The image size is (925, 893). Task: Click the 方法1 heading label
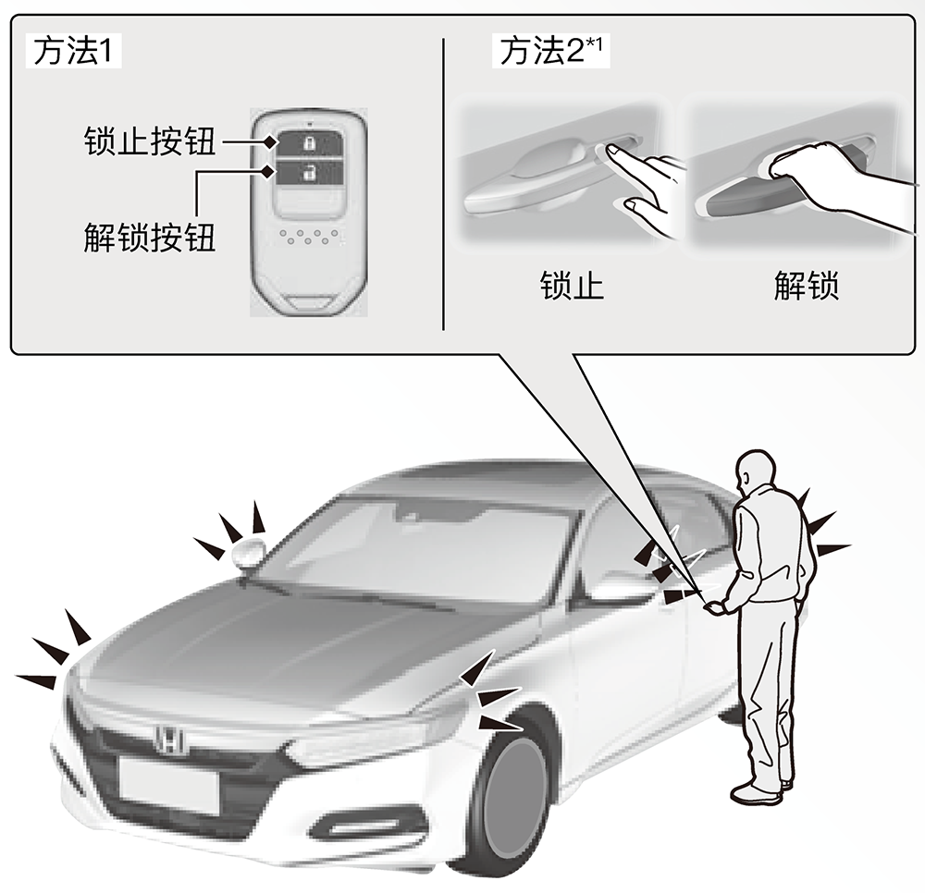(x=73, y=52)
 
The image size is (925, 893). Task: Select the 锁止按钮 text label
(x=149, y=141)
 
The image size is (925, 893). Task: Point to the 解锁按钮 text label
(x=149, y=238)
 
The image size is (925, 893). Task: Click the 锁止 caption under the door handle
(x=572, y=286)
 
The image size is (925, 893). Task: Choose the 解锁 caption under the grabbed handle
(x=806, y=286)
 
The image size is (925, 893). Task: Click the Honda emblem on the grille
(x=170, y=738)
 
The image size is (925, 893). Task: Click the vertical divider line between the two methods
(x=443, y=184)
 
